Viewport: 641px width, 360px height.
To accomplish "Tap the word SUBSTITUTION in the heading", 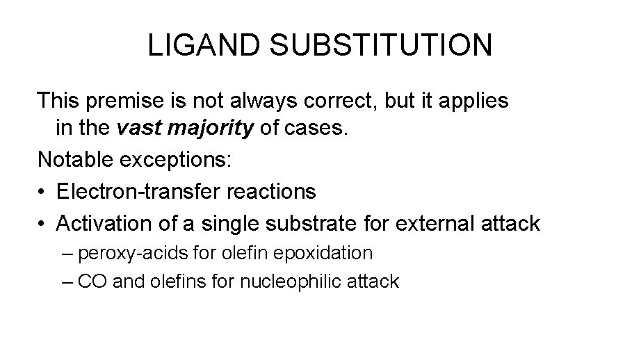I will pyautogui.click(x=380, y=44).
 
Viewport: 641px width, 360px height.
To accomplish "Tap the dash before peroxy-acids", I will pyautogui.click(x=67, y=253).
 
